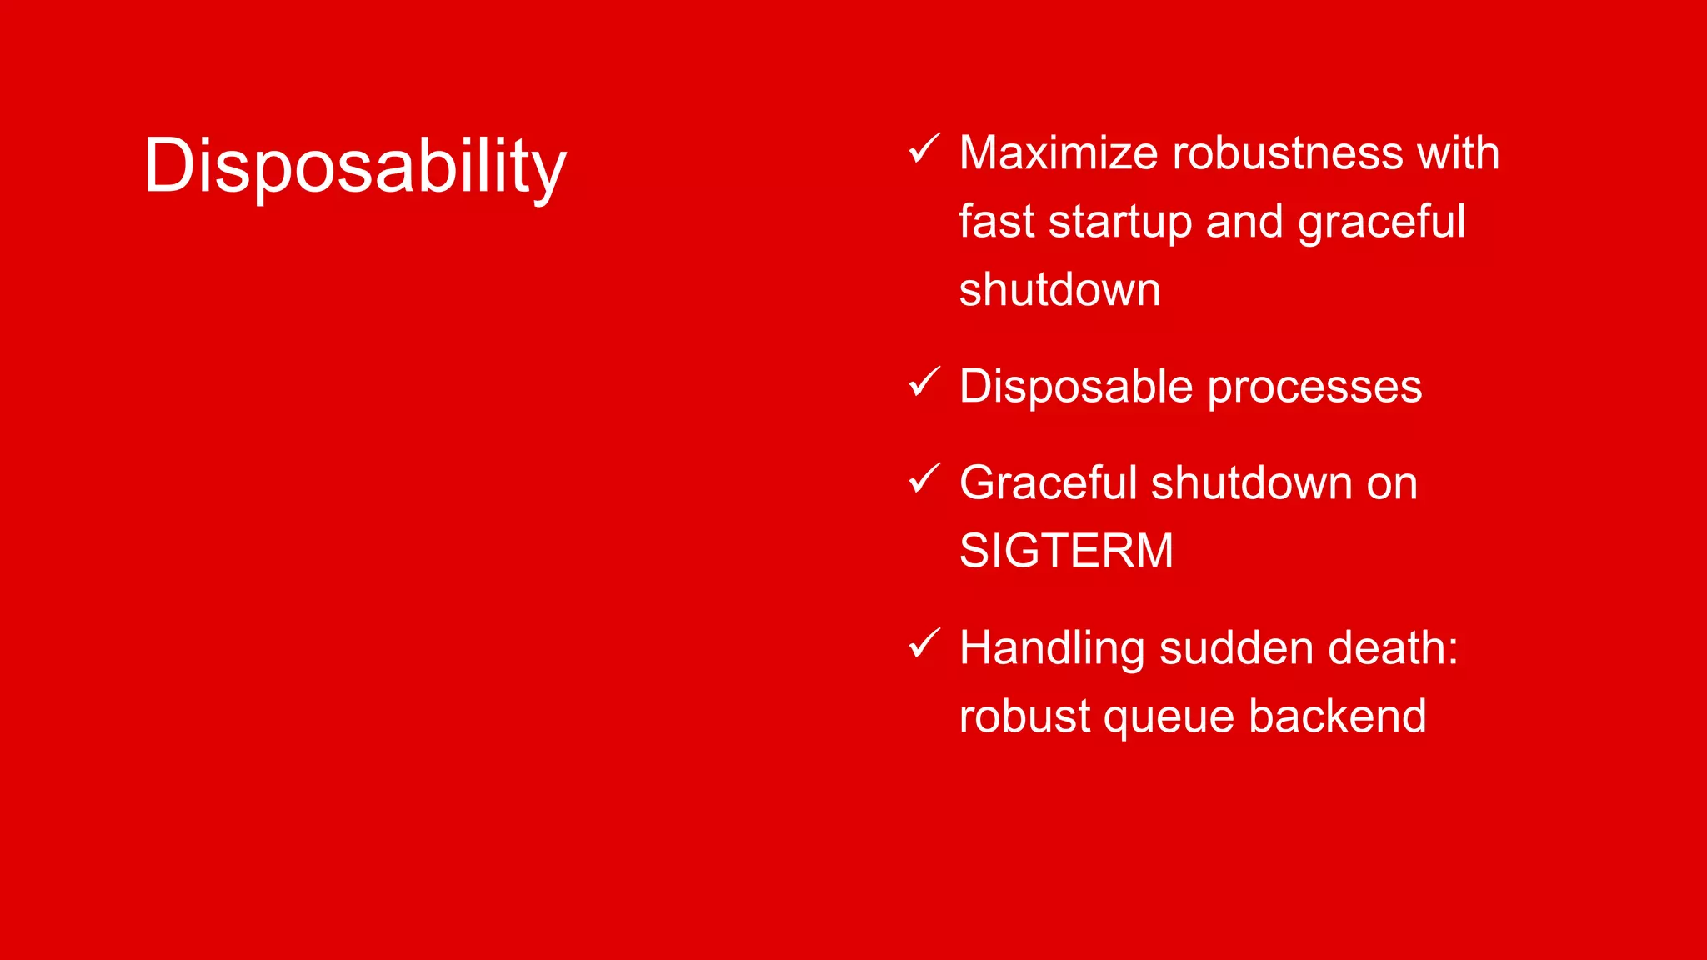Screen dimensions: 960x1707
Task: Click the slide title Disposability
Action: [355, 167]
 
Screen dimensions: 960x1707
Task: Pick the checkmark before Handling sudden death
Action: [924, 643]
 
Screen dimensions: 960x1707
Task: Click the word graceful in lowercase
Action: [1381, 223]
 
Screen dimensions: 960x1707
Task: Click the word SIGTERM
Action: [1066, 551]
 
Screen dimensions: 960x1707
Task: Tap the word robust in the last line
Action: [1024, 717]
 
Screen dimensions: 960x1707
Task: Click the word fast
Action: [996, 222]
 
